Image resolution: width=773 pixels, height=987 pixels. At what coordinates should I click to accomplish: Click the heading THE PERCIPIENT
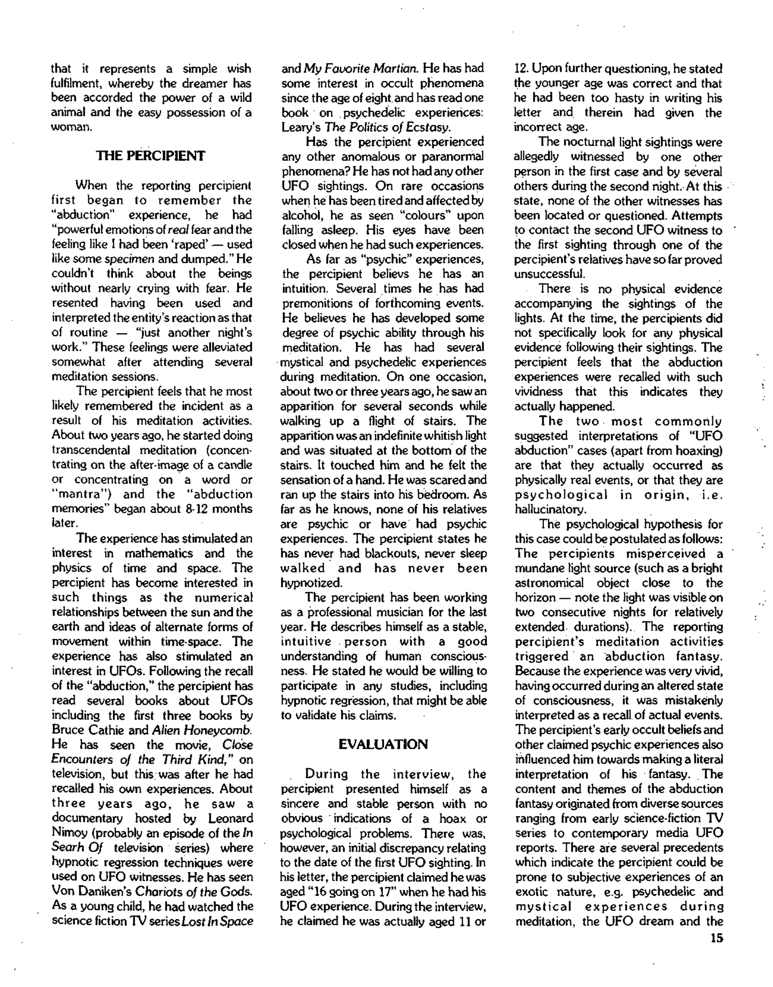(x=151, y=156)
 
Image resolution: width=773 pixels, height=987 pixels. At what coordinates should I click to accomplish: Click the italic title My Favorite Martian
(x=361, y=69)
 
